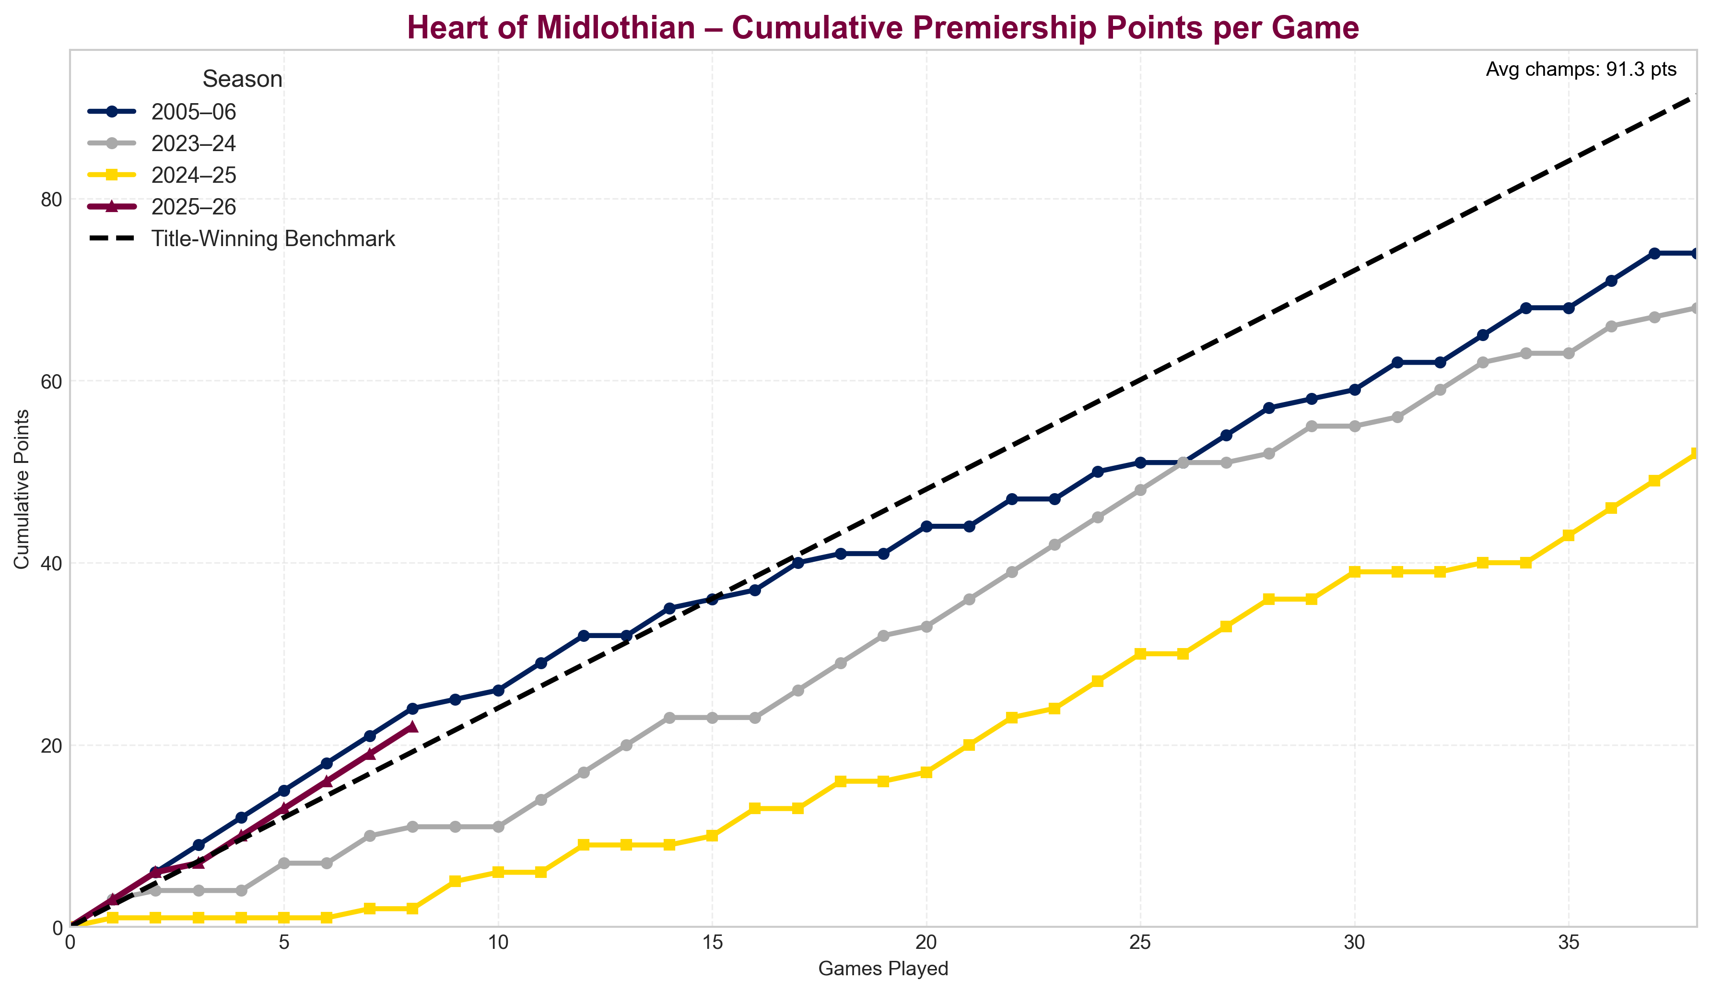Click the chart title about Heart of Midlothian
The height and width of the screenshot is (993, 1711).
point(883,28)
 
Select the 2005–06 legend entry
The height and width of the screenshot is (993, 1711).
point(194,111)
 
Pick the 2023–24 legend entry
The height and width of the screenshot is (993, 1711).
point(194,143)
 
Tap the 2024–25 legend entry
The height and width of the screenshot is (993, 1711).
point(194,175)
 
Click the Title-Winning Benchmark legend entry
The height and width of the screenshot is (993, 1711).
point(273,239)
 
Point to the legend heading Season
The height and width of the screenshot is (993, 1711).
point(242,80)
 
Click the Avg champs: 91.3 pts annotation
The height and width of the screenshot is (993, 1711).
point(1581,69)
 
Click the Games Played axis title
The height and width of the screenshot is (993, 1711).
point(883,969)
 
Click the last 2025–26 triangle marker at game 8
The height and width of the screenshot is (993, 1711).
point(412,727)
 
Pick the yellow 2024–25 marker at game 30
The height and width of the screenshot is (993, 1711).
point(1355,572)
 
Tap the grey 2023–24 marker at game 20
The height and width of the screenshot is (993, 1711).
point(926,626)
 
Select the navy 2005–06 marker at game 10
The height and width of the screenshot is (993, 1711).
point(498,690)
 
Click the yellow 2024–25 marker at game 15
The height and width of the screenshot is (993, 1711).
point(712,836)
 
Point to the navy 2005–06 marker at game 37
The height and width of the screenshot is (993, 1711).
point(1654,253)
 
